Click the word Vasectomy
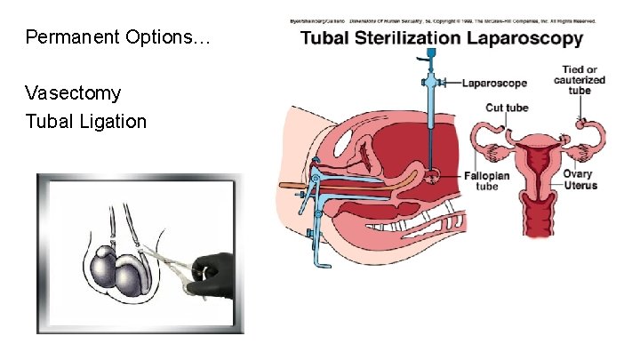pos(74,92)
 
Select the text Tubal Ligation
pos(86,121)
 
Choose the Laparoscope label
pos(494,83)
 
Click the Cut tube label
pos(507,108)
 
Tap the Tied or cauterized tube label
pos(579,79)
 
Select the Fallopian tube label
pos(485,181)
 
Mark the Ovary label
pos(578,174)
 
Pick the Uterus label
pos(580,186)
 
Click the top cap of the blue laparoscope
pos(431,53)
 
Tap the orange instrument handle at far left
pos(291,187)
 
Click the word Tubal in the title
pos(330,38)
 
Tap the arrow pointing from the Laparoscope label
pos(449,83)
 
